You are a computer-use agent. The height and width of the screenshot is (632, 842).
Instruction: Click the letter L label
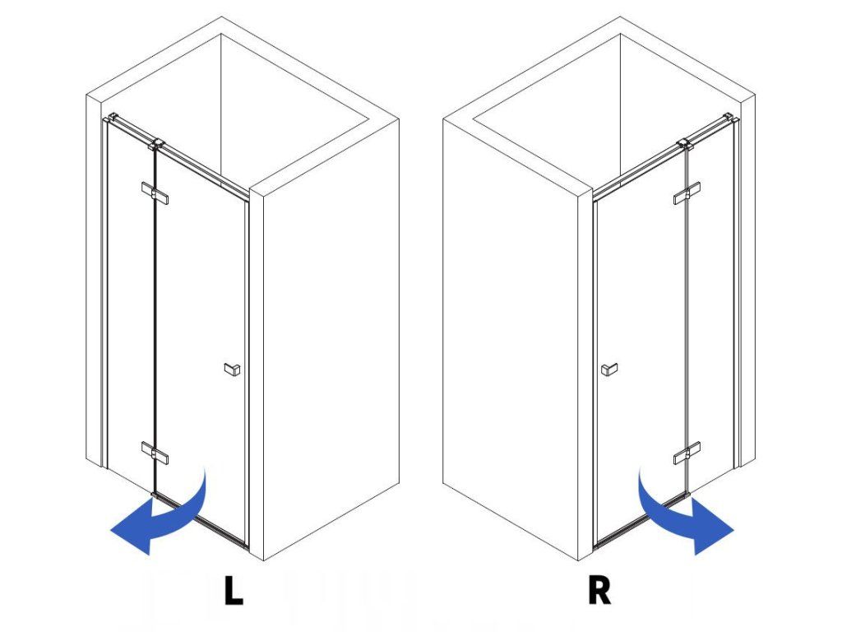pos(234,592)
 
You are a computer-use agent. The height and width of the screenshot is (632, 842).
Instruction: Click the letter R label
pos(599,592)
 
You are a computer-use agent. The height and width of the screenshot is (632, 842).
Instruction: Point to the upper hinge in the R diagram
pos(687,193)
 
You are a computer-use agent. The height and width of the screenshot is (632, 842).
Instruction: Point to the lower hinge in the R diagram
pos(687,453)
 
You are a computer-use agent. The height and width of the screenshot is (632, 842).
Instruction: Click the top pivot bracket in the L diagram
pos(153,146)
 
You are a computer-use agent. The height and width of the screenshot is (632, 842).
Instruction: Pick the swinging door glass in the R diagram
pos(641,329)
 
